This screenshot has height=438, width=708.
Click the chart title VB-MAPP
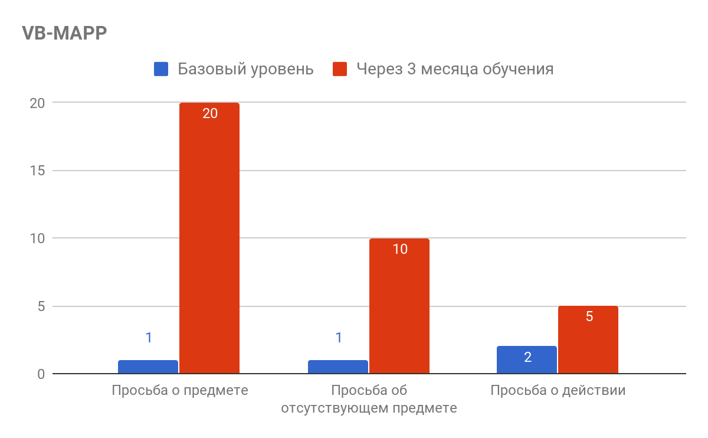(x=64, y=34)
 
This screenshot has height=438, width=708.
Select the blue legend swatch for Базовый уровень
(x=161, y=69)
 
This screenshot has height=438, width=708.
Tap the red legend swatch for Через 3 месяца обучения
(x=339, y=69)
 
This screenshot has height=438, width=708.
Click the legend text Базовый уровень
(x=245, y=69)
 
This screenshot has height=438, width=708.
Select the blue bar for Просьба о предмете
(x=148, y=367)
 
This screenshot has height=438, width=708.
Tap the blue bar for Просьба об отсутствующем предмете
(x=338, y=367)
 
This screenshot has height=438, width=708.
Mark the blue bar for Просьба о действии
(x=527, y=360)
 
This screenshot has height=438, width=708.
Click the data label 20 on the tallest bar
(x=210, y=113)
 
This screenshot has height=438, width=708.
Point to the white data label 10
(x=400, y=249)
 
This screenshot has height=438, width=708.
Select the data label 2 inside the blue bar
(x=527, y=357)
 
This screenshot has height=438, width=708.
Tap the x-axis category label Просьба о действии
(x=558, y=391)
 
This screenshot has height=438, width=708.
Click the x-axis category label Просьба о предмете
(x=180, y=391)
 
